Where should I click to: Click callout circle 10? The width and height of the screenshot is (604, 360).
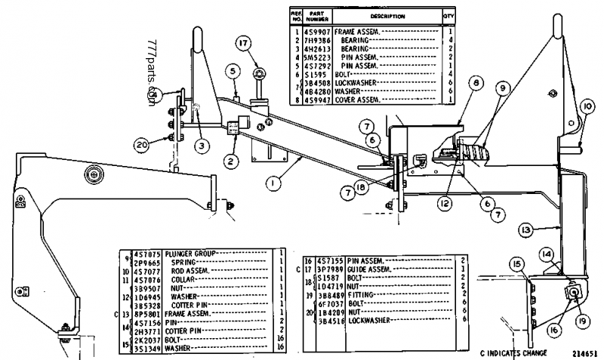(x=587, y=106)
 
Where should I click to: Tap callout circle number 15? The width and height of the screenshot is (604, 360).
(x=517, y=263)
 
